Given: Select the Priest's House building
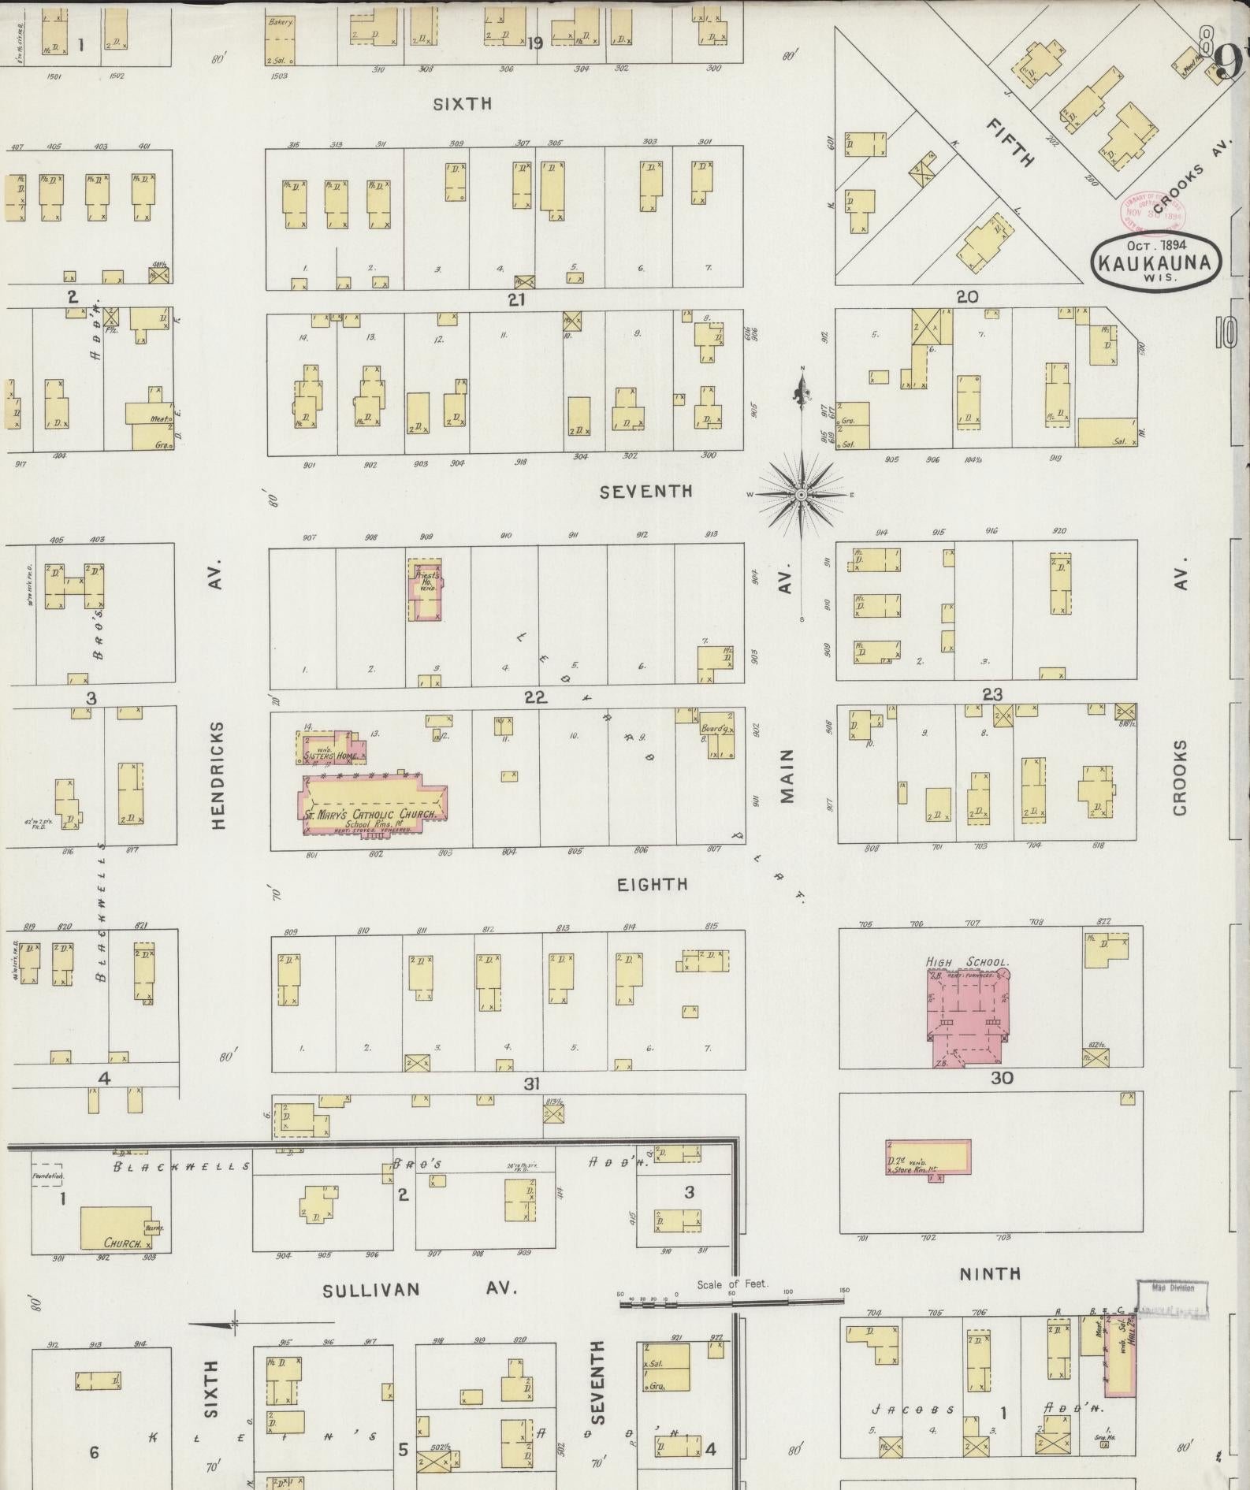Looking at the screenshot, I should [426, 590].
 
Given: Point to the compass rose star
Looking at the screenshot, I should [801, 494].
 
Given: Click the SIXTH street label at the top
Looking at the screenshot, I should [463, 103].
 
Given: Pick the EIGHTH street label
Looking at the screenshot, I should [653, 884].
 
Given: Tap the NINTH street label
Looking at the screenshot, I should [991, 1273].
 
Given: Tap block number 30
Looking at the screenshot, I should [1001, 1078].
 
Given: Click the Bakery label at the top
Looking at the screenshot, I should [280, 22].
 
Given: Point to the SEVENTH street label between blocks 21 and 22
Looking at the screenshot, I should [646, 492].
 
